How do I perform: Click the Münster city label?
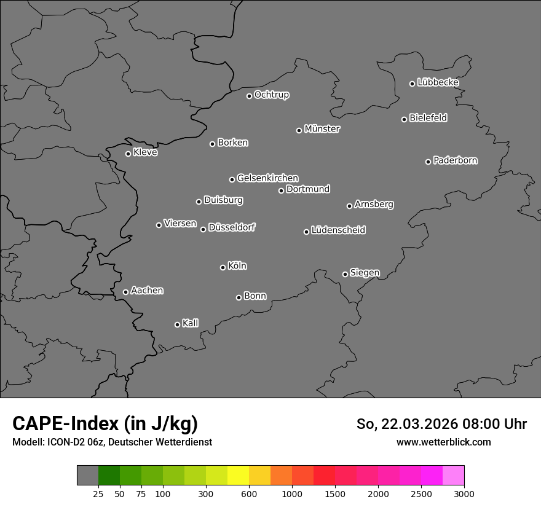[x=322, y=129]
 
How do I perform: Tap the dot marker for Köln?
[x=223, y=267]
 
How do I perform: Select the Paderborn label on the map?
[x=456, y=160]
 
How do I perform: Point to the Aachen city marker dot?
[x=125, y=292]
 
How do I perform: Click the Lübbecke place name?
[x=438, y=82]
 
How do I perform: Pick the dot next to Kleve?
[x=128, y=154]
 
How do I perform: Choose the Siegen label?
[x=365, y=273]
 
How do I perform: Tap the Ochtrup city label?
[x=272, y=95]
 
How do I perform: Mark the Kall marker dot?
[x=177, y=324]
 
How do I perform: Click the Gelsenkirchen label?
[x=267, y=178]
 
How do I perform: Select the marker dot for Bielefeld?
[x=404, y=119]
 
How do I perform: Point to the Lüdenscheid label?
[x=338, y=230]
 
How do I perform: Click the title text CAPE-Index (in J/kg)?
[x=105, y=424]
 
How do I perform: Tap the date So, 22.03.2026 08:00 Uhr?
[x=441, y=424]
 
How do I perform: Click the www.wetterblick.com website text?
[x=444, y=442]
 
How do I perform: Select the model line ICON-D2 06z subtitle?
[x=112, y=442]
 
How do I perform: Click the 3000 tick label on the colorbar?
[x=464, y=494]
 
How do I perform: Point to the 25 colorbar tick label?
[x=98, y=494]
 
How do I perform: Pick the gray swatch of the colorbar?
[x=87, y=476]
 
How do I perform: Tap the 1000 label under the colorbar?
[x=292, y=494]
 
